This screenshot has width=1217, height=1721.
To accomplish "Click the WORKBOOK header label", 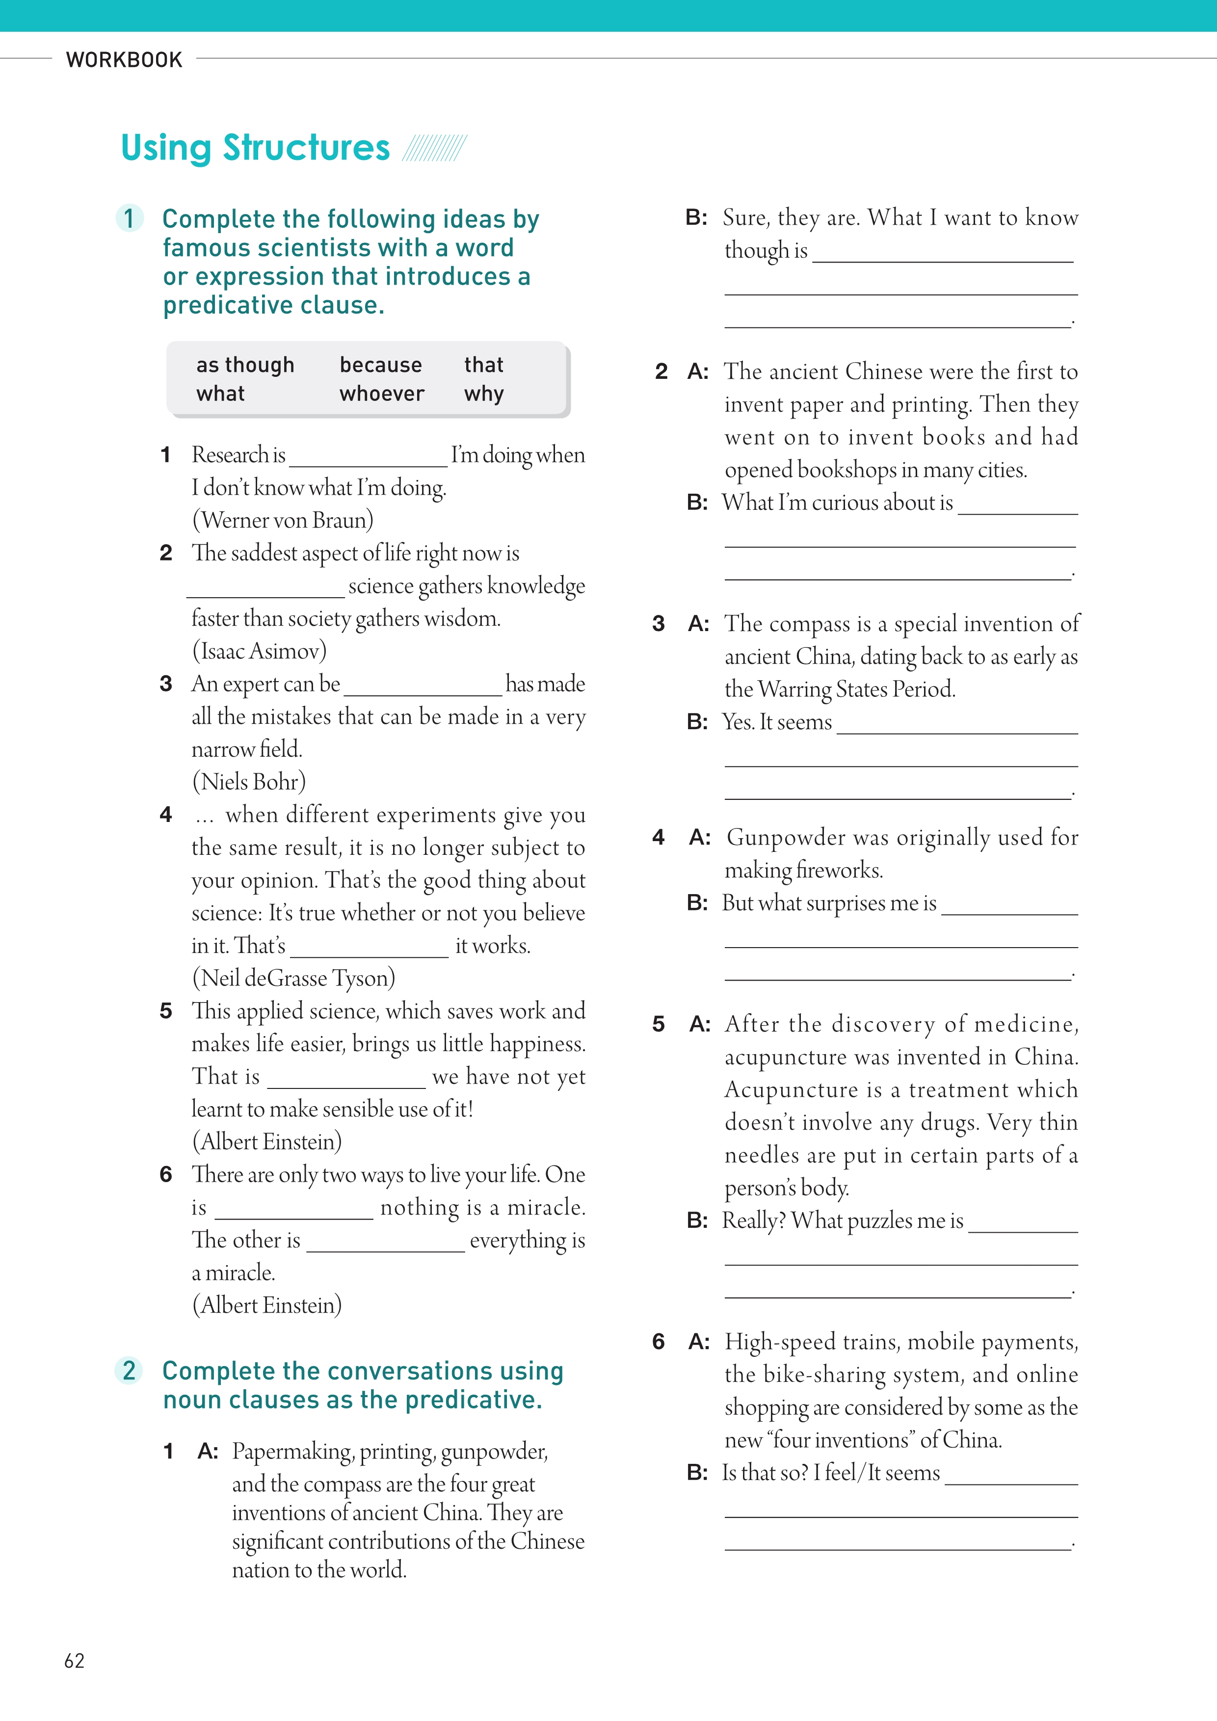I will click(124, 60).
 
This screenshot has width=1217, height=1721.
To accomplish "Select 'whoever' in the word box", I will click(381, 394).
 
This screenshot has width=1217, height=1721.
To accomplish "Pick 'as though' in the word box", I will click(245, 365).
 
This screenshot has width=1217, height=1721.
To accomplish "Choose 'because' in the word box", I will click(381, 365).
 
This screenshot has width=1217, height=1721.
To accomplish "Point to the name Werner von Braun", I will click(283, 520).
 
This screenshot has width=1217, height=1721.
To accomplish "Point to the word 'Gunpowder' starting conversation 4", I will click(786, 837).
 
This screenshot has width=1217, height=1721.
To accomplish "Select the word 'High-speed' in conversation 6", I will click(779, 1342).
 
